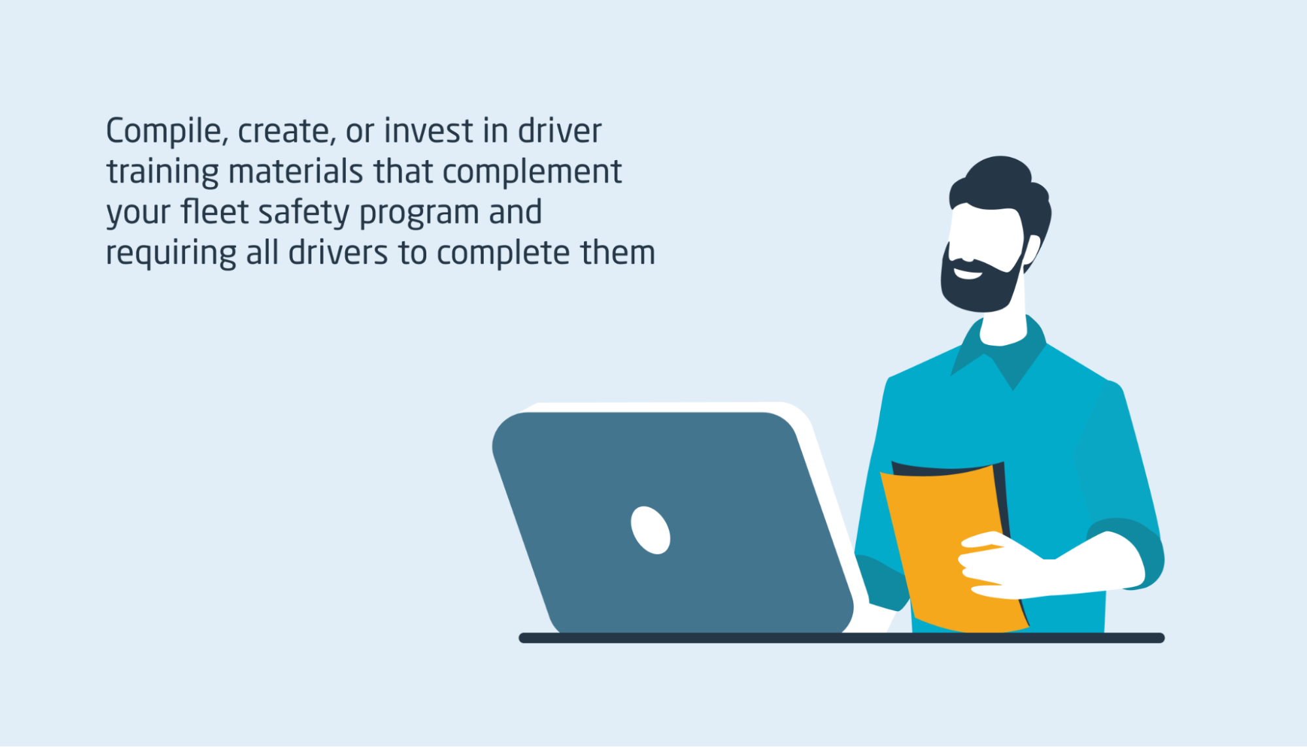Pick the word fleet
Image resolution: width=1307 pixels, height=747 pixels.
(x=215, y=212)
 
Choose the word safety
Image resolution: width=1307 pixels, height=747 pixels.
(x=304, y=213)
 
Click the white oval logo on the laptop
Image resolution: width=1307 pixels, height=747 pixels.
(x=651, y=530)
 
